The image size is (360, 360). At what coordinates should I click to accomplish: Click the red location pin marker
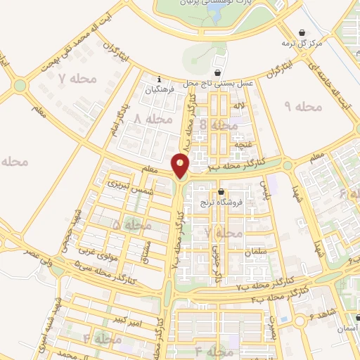181,166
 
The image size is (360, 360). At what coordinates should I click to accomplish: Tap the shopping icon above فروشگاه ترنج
221,192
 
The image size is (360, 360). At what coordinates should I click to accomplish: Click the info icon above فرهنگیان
160,79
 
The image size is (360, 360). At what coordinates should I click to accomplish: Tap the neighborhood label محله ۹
303,106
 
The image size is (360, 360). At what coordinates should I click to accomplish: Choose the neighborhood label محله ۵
132,225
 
